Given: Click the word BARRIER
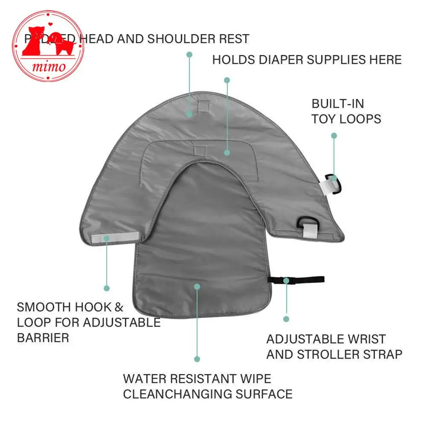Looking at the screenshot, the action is [43, 338].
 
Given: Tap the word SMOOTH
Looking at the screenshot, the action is [44, 307].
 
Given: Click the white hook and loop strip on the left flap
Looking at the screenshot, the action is [115, 237].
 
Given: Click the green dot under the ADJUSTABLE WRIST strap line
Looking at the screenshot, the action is [286, 319].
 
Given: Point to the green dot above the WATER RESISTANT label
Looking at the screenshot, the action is [197, 359].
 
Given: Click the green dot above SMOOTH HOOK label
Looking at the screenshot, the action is [107, 289].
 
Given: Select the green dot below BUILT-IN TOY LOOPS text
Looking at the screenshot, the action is [334, 136].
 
